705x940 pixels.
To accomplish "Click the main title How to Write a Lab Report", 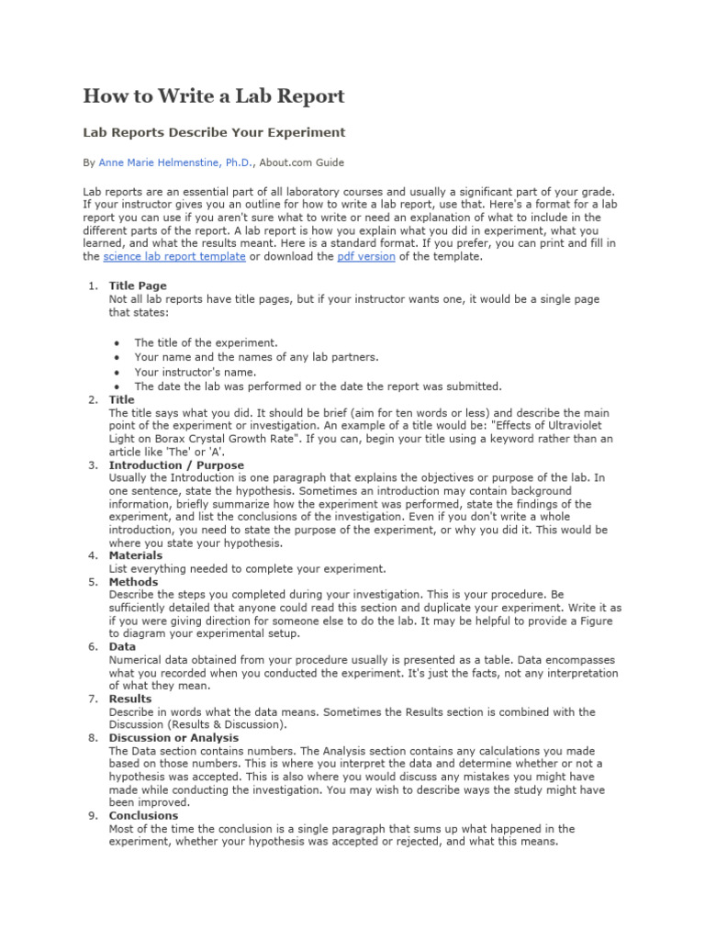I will pyautogui.click(x=214, y=96).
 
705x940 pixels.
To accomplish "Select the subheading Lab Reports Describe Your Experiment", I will pyautogui.click(x=214, y=133).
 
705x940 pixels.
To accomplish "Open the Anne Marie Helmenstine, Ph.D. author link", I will pyautogui.click(x=174, y=163).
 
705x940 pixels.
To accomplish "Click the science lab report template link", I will pyautogui.click(x=173, y=257).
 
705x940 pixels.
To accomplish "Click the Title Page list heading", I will pyautogui.click(x=138, y=286).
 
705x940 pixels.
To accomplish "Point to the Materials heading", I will pyautogui.click(x=135, y=555).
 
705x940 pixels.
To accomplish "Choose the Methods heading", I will pyautogui.click(x=133, y=582).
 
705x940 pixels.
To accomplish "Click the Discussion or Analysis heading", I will pyautogui.click(x=173, y=737).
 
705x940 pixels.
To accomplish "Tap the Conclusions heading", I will pyautogui.click(x=143, y=815).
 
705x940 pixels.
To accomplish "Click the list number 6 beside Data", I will pyautogui.click(x=93, y=647).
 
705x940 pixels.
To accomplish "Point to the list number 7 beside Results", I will pyautogui.click(x=93, y=699).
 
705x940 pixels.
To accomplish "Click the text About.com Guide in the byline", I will pyautogui.click(x=301, y=163).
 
